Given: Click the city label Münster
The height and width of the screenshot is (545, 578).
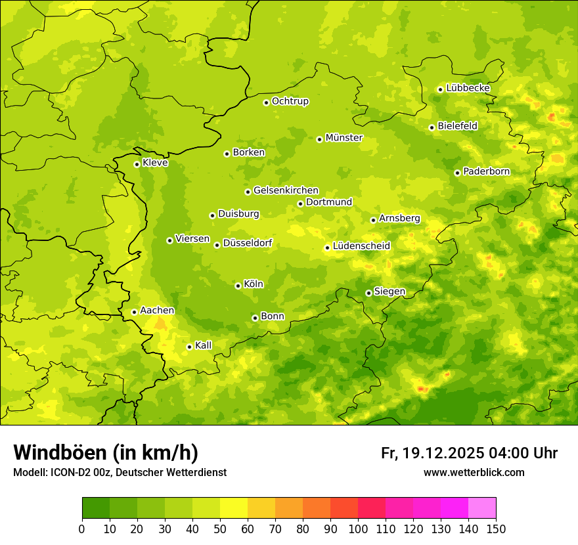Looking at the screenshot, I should (x=344, y=138).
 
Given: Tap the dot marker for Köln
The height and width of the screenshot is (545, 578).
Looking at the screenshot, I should (x=238, y=286).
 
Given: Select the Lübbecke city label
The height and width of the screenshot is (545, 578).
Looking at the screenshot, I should (x=468, y=88).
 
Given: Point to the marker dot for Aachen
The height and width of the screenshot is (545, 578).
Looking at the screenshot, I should (x=134, y=312).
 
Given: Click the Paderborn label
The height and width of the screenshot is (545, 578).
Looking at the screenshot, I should (x=487, y=171).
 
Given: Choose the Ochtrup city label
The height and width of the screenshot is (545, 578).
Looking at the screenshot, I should (x=290, y=101).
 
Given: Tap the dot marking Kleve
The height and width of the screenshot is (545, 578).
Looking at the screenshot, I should (x=137, y=164).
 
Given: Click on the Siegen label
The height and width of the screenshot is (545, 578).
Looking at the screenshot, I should (x=390, y=292).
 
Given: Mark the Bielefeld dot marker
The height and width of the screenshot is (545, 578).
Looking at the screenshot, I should (x=432, y=127).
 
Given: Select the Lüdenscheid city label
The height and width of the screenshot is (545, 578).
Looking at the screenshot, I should (x=362, y=246).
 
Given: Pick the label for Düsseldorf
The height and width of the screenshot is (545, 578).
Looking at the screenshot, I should (x=248, y=244).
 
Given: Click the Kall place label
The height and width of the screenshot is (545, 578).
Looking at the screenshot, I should (x=204, y=345).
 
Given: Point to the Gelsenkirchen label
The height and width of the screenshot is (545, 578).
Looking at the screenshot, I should (x=286, y=190).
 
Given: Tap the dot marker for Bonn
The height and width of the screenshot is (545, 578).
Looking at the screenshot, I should (x=255, y=318).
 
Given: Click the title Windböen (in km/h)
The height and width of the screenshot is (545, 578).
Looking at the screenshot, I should (x=106, y=452).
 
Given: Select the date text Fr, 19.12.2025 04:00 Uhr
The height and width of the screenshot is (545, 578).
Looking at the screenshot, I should (x=469, y=453).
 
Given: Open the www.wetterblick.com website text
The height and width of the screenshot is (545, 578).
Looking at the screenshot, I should (x=474, y=473).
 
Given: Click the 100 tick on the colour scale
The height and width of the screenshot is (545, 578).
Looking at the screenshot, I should (x=358, y=529).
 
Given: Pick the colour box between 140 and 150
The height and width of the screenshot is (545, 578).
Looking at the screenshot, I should (x=482, y=508).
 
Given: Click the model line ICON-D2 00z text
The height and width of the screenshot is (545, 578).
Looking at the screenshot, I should (x=120, y=473).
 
